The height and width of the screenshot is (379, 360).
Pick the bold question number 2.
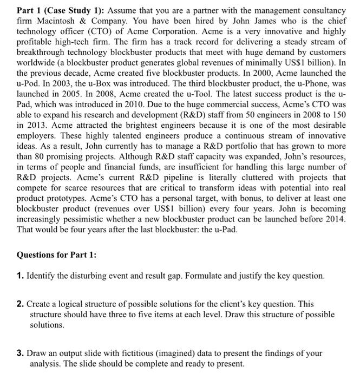(19, 305)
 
